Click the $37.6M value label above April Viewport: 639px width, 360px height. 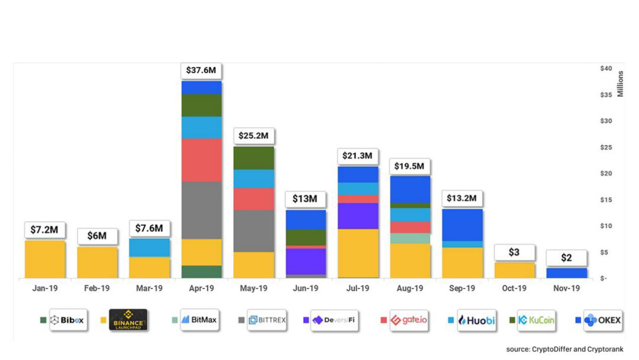201,70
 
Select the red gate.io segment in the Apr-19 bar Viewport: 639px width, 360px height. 201,160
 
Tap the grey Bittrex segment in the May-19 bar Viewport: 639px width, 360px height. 253,231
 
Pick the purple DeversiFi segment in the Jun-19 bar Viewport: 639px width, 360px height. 305,261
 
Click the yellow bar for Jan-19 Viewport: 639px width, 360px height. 45,259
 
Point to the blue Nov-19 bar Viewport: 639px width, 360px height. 566,273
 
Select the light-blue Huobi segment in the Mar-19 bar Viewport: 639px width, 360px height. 149,247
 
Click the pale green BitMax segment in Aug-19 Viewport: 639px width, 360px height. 409,238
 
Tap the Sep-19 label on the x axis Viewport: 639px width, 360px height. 462,288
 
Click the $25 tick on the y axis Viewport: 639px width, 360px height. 605,147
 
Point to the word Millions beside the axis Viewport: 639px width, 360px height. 620,83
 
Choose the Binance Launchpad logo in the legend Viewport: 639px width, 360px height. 128,320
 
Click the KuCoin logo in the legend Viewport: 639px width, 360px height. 536,320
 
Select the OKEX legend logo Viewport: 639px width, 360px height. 602,320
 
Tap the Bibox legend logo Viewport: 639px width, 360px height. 67,320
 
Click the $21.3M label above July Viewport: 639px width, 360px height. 357,156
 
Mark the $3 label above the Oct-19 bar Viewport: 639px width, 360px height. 514,252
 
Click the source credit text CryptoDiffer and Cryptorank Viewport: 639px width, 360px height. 564,349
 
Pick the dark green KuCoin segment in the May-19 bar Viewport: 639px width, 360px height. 253,157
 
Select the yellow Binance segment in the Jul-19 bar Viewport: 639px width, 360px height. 357,253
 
